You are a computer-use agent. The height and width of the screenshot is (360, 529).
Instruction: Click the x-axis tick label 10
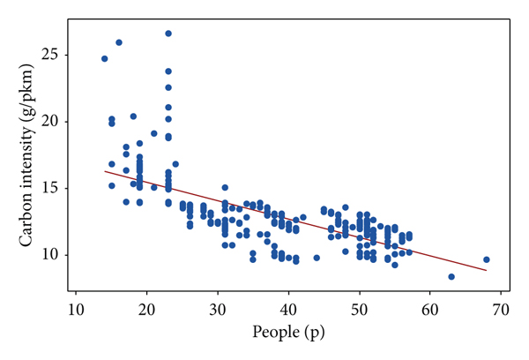pos(76,311)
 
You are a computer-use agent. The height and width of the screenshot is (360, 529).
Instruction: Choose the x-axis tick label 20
pos(146,311)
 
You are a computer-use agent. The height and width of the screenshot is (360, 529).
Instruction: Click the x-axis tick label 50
pos(359,311)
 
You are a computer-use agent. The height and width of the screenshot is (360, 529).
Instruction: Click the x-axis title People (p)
pos(288,333)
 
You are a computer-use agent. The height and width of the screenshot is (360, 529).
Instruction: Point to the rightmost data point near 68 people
pos(487,259)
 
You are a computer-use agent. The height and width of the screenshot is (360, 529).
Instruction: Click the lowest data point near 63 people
pos(451,276)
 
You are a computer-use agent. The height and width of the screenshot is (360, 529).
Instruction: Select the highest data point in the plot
pos(168,34)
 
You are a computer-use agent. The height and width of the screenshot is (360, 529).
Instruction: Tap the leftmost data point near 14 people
pos(104,59)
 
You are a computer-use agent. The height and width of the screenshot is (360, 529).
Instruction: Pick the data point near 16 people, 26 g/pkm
pos(119,42)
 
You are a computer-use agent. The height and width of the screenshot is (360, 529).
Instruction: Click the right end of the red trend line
pos(487,270)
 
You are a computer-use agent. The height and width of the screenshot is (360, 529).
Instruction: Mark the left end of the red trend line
pos(104,171)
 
